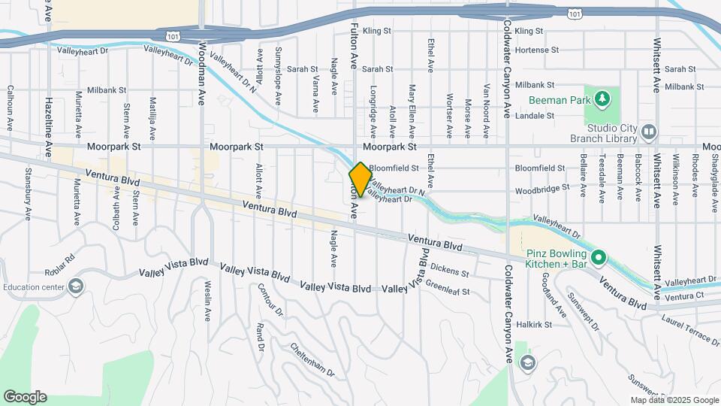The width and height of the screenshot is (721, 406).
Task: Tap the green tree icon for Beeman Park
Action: [602, 99]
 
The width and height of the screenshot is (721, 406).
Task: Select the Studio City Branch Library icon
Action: [650, 132]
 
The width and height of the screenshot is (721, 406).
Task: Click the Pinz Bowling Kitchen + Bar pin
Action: [598, 259]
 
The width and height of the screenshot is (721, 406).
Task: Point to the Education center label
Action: [35, 286]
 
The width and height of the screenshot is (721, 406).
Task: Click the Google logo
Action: [25, 396]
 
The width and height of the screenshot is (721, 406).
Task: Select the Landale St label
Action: [538, 116]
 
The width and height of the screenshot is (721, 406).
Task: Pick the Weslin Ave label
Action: [208, 300]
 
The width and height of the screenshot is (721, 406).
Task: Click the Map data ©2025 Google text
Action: [674, 400]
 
